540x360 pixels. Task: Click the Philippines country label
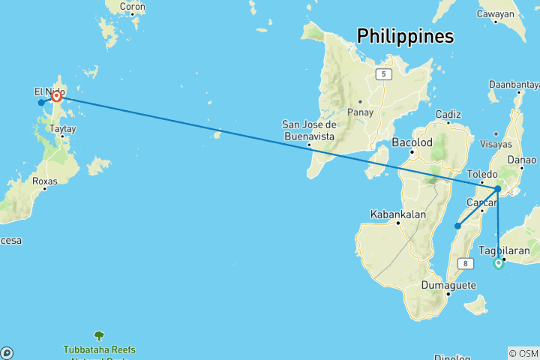tap(405, 35)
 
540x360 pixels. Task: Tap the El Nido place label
tap(45, 91)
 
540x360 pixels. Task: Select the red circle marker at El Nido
tap(56, 96)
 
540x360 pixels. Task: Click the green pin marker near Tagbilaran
tap(498, 263)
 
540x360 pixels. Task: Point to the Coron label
tap(133, 7)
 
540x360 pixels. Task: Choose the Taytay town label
tap(62, 129)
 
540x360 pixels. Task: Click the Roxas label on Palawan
tap(45, 181)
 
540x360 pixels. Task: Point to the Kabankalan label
tap(397, 214)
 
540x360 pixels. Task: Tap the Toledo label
tap(482, 173)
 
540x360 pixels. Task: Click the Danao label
tap(522, 159)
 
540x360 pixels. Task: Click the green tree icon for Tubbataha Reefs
tap(98, 336)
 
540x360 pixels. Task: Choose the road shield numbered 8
tap(467, 263)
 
